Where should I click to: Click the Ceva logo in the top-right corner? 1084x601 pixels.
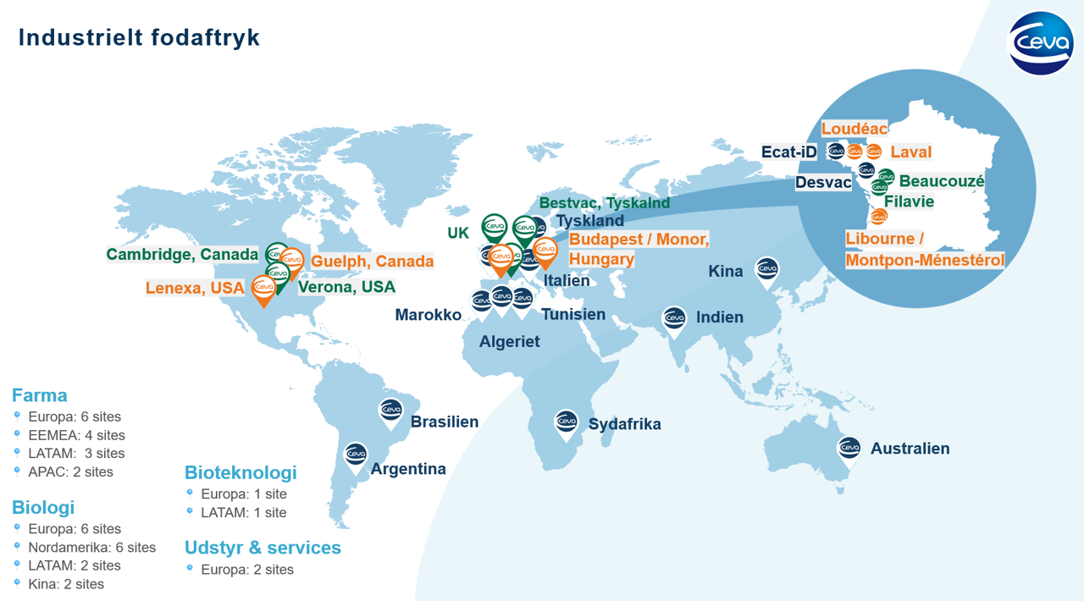pos(1040,43)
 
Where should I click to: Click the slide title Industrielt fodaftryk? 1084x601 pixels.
pos(139,37)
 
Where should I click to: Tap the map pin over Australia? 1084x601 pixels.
pos(849,449)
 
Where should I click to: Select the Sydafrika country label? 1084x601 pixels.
pos(624,424)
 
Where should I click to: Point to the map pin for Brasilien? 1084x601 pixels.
pos(390,411)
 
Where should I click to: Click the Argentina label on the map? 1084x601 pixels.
pos(408,469)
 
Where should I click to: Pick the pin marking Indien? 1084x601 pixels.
pos(674,320)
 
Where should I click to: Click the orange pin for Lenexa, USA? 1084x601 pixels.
pos(264,289)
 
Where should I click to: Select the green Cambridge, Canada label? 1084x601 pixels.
pos(182,255)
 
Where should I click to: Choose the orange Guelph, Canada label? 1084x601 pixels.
pos(372,262)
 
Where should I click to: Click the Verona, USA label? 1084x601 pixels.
pos(346,287)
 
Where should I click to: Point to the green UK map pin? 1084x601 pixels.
pos(494,228)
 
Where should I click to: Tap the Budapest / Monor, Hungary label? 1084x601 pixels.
pos(639,249)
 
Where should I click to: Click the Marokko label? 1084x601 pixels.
pos(428,315)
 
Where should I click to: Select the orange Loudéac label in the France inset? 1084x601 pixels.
pos(854,129)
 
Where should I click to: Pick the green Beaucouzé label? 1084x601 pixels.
pos(942,181)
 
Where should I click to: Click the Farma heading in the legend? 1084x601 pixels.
pos(39,395)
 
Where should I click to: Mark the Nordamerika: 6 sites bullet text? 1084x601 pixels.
pos(91,548)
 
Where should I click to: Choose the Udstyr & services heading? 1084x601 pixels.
pos(263,548)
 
